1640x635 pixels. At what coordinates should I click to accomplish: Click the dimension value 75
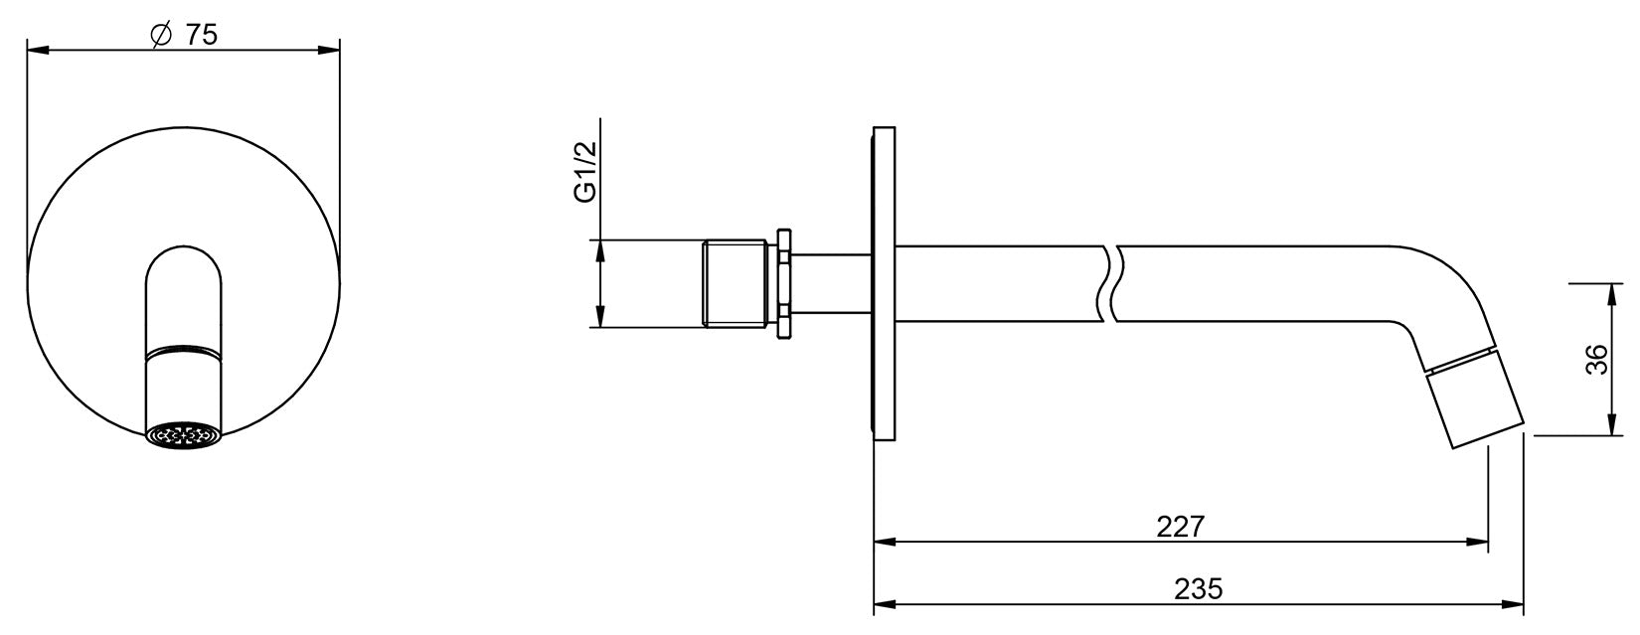201,35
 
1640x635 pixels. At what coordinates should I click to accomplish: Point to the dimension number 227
1181,526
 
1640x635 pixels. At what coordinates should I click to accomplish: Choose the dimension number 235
1199,589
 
